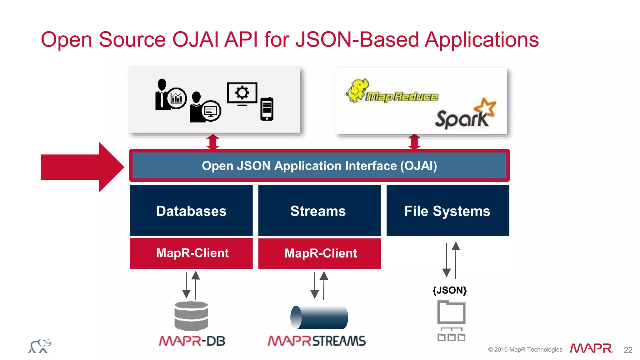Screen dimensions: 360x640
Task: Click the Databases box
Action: pos(191,210)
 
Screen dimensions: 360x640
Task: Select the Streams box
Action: pos(319,210)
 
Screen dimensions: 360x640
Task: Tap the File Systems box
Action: pos(447,210)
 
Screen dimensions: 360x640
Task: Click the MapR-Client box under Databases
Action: pos(191,253)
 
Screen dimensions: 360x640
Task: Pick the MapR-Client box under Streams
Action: pos(319,253)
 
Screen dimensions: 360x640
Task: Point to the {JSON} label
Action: pos(449,290)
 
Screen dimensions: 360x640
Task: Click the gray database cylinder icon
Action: pos(191,316)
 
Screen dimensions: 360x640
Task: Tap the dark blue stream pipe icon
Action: pos(319,317)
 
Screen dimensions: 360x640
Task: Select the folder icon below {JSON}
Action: pos(451,312)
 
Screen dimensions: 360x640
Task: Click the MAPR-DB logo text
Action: pos(192,341)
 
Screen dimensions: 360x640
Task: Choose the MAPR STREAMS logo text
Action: pos(316,341)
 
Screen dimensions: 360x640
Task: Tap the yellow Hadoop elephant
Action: pos(357,90)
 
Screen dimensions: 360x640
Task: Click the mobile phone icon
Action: pos(267,109)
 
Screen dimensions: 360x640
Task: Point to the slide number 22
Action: pos(628,350)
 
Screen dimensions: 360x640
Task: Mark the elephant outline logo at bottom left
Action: pos(40,346)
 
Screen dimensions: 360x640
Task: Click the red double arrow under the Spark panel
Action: pos(414,142)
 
